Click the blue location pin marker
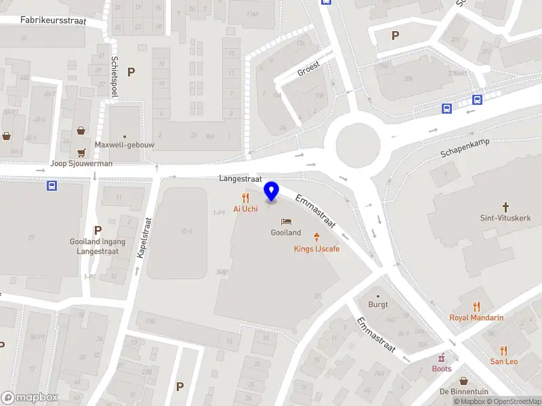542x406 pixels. [272, 191]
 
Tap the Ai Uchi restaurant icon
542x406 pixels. [245, 198]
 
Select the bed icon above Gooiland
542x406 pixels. [286, 222]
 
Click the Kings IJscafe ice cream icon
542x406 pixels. [316, 237]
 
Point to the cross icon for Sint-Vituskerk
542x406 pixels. [505, 206]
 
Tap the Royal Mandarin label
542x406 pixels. [477, 317]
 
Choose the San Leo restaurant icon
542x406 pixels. [503, 351]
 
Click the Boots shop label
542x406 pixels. [442, 369]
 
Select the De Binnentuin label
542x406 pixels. [464, 392]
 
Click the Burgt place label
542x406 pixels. [378, 304]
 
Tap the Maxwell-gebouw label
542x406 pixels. [124, 144]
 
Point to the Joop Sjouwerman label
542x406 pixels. [81, 164]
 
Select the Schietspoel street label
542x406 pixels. [114, 76]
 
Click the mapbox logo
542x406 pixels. [30, 398]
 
